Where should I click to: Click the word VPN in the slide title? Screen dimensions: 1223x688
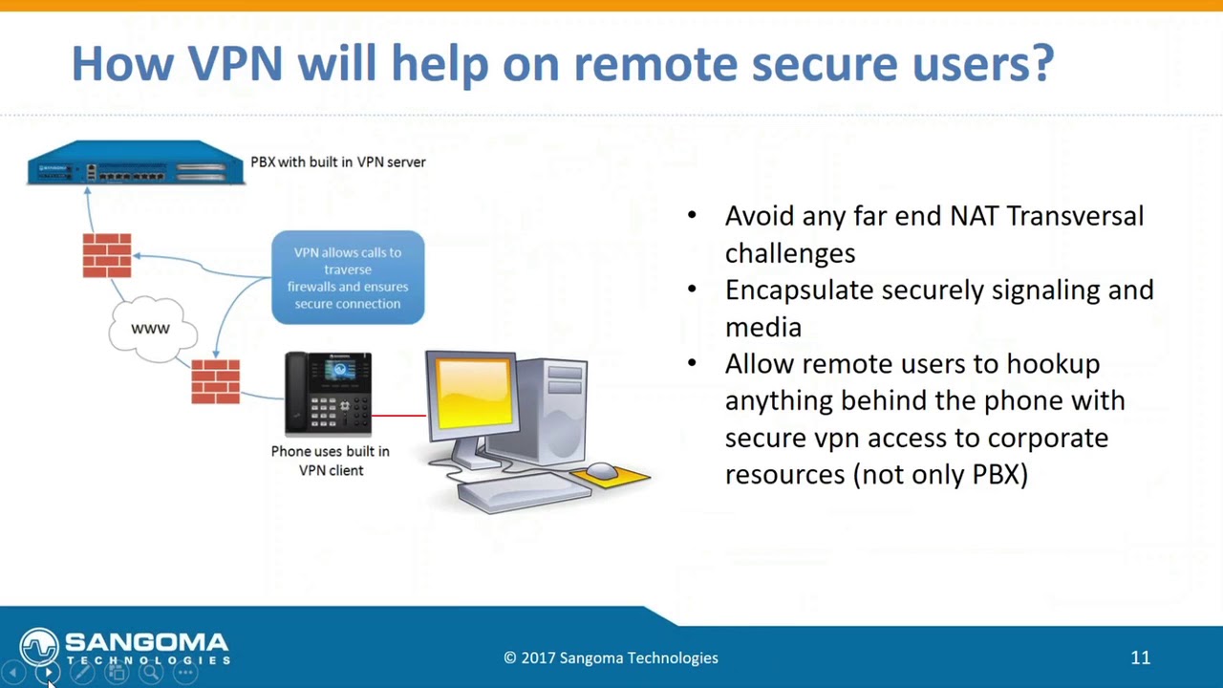235,63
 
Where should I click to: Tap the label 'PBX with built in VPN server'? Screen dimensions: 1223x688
338,162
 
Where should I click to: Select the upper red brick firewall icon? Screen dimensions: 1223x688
107,255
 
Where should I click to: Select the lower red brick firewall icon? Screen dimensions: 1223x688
216,381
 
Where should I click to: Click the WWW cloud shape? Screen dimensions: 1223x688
151,330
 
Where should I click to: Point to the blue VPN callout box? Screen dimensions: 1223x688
348,277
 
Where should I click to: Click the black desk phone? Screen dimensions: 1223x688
328,394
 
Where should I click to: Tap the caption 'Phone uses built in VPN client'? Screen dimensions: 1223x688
331,461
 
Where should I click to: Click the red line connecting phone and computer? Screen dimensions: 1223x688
398,416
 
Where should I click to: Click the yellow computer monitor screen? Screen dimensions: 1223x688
471,391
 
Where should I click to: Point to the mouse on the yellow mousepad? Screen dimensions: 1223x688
601,470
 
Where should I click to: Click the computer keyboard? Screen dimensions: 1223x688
524,490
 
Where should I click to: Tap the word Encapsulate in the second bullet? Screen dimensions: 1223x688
799,290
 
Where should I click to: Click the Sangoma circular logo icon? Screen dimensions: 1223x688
39,647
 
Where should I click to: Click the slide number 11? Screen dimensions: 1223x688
1140,657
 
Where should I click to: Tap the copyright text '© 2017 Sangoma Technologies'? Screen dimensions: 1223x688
611,657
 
